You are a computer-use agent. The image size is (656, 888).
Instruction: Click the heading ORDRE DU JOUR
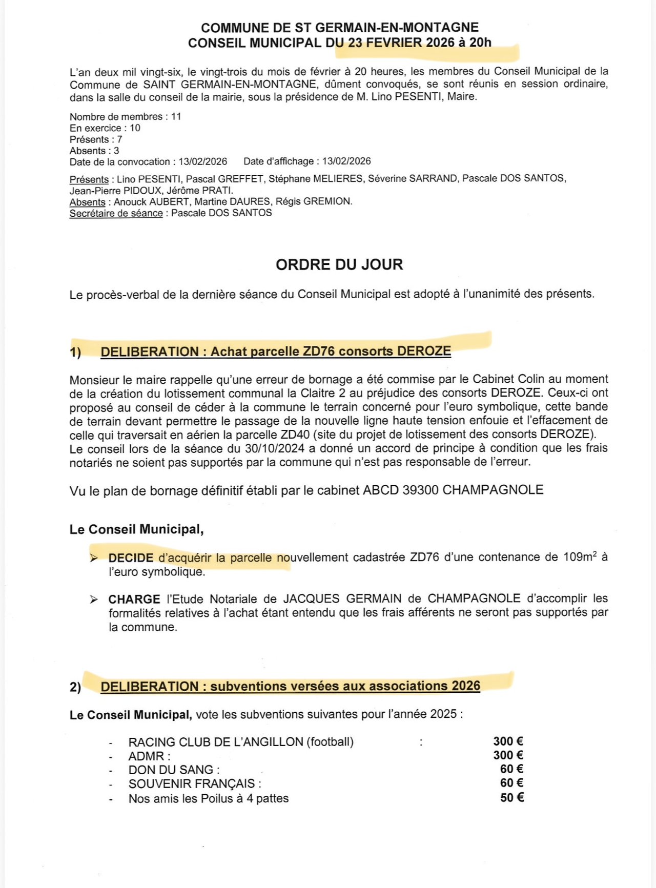pyautogui.click(x=339, y=264)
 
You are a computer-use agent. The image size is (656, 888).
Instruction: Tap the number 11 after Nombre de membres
pyautogui.click(x=176, y=116)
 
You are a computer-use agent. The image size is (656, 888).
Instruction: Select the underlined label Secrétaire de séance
pyautogui.click(x=116, y=213)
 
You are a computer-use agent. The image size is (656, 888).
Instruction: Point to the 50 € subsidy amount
pyautogui.click(x=511, y=798)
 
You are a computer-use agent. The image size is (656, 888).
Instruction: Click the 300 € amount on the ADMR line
pyautogui.click(x=508, y=755)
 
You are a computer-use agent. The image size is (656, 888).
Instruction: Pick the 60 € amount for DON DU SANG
pyautogui.click(x=511, y=769)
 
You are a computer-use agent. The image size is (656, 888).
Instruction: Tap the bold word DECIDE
pyautogui.click(x=131, y=558)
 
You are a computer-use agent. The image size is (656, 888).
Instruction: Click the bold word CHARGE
pyautogui.click(x=134, y=599)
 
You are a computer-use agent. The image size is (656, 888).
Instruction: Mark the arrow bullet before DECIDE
pyautogui.click(x=94, y=558)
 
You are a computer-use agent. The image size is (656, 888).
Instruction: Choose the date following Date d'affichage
pyautogui.click(x=346, y=161)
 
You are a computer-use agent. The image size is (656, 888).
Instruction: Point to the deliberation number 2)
pyautogui.click(x=75, y=687)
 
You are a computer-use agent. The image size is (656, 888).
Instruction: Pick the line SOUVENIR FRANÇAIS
pyautogui.click(x=195, y=784)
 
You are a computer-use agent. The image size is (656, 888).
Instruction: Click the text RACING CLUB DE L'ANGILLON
pyautogui.click(x=216, y=742)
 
